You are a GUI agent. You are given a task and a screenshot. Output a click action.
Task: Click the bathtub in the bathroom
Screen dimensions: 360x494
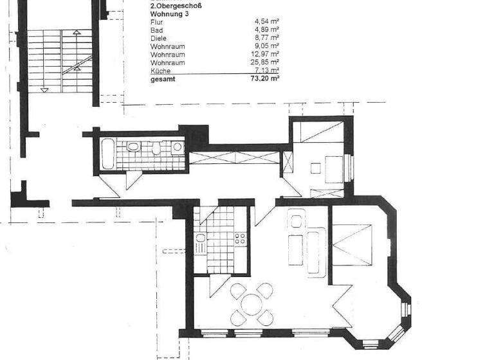click(x=107, y=155)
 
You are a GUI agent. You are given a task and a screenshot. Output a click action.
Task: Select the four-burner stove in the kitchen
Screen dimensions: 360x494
click(x=241, y=239)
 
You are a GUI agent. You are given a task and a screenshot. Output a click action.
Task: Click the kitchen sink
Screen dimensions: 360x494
click(x=200, y=245)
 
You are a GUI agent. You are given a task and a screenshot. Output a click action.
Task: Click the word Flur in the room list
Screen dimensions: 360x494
click(x=156, y=21)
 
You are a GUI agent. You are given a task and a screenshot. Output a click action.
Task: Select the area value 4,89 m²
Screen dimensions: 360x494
click(x=266, y=30)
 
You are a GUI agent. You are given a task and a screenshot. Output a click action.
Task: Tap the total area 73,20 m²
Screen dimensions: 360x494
click(x=264, y=79)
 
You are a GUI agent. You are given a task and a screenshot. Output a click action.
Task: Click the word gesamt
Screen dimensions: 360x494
click(x=161, y=79)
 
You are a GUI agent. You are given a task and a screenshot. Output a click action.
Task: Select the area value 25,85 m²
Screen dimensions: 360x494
click(x=266, y=63)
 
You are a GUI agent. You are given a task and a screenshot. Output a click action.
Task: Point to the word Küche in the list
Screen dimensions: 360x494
click(x=160, y=71)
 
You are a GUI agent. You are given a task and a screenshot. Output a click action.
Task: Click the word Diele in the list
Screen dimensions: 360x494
click(x=158, y=38)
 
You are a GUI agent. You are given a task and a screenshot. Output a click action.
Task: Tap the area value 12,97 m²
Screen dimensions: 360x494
click(x=266, y=55)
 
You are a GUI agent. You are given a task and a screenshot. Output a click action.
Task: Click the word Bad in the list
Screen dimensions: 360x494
click(x=156, y=30)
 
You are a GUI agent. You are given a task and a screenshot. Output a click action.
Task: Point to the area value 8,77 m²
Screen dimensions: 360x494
click(x=266, y=38)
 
